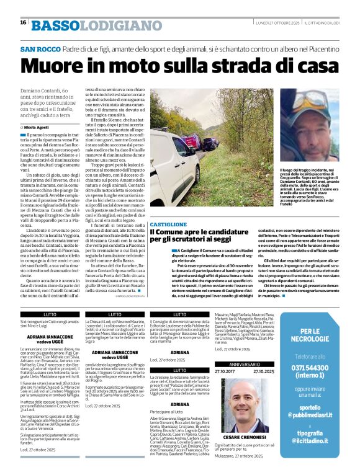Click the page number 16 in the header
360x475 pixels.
pos(23,22)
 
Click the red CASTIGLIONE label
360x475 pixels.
pos(167,223)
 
